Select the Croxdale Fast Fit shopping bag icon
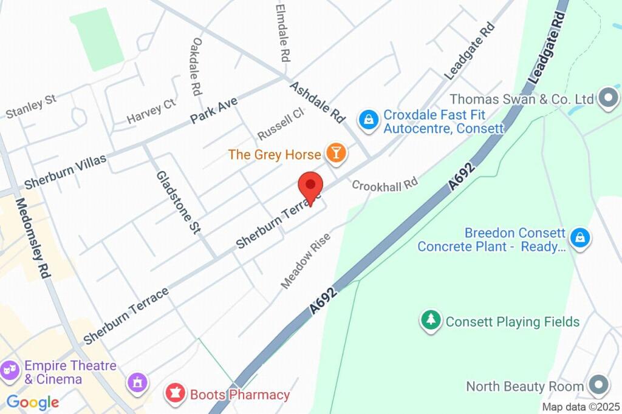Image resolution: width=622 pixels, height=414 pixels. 369,119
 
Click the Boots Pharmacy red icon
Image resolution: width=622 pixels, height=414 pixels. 176,394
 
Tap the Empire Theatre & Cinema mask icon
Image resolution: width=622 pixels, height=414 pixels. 10,369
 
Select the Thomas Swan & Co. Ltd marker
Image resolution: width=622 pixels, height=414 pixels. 606,98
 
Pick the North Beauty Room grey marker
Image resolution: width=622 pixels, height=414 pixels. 598,385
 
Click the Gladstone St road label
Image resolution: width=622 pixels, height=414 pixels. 179,202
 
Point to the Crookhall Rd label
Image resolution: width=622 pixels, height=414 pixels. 385,185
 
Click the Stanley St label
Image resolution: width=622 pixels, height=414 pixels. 31,106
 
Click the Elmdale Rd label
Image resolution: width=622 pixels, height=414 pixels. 282,33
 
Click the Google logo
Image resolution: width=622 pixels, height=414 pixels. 33,402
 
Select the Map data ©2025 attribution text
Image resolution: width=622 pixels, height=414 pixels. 581,407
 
